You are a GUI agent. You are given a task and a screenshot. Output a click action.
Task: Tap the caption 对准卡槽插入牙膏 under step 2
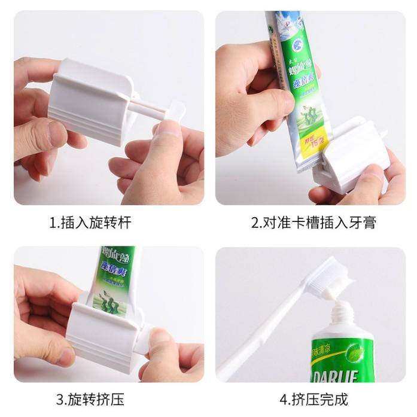coord(313,223)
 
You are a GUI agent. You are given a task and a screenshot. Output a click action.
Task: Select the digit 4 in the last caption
coord(282,399)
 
